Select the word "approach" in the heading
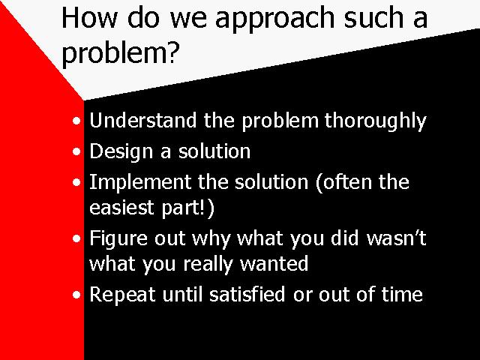pyautogui.click(x=274, y=20)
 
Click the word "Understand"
pyautogui.click(x=143, y=120)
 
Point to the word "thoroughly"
pyautogui.click(x=375, y=121)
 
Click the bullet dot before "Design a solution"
pyautogui.click(x=76, y=151)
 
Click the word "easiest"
pyautogui.click(x=121, y=207)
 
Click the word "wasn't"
pyautogui.click(x=396, y=238)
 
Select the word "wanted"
pyautogui.click(x=274, y=263)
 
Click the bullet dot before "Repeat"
pyautogui.click(x=76, y=295)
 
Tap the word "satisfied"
pyautogui.click(x=247, y=294)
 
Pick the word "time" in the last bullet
pyautogui.click(x=402, y=294)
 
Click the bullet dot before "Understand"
pyautogui.click(x=76, y=121)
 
